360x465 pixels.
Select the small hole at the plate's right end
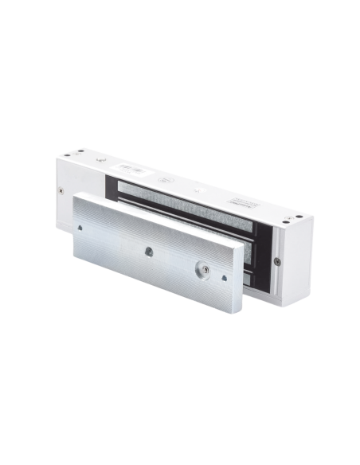(x=225, y=278)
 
